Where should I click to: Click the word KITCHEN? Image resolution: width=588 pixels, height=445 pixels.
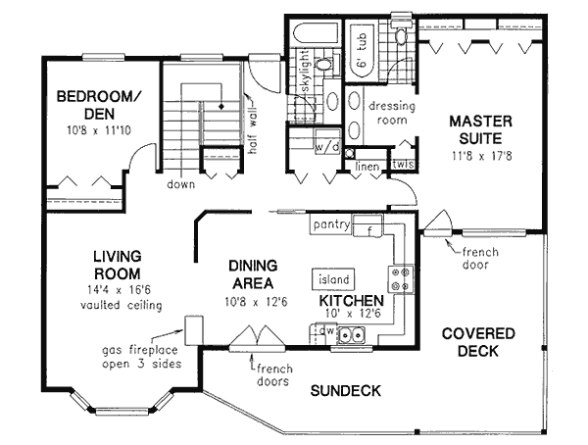click(349, 301)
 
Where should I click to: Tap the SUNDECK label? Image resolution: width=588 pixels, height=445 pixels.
click(344, 391)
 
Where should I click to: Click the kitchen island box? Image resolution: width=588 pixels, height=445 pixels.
click(333, 279)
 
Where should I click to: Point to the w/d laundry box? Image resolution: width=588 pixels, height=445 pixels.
click(326, 147)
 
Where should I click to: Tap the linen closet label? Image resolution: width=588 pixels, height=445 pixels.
click(367, 166)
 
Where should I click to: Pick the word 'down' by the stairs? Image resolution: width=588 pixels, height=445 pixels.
click(179, 183)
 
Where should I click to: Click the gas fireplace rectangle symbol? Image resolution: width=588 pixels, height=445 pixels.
click(193, 328)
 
